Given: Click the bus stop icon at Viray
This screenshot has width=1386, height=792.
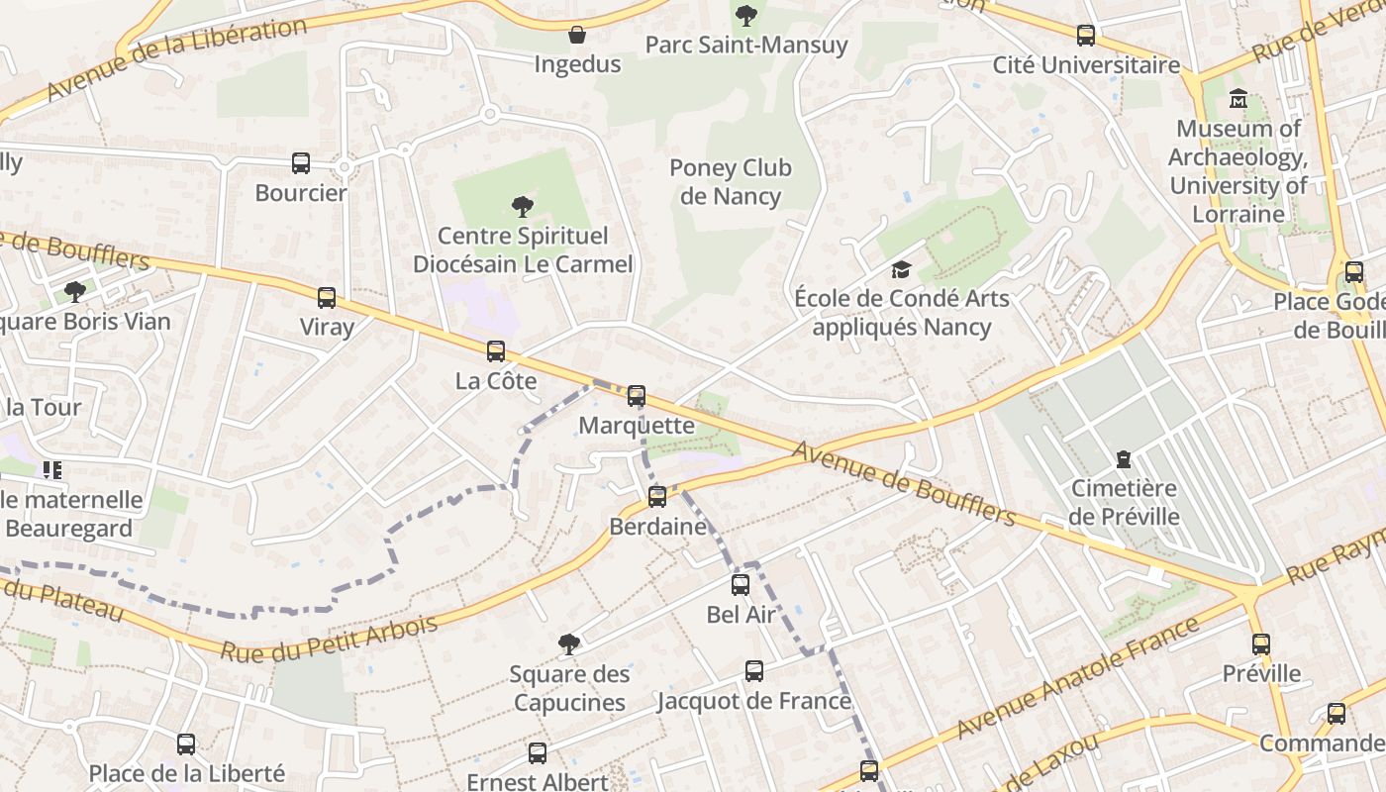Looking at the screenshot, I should [x=326, y=297].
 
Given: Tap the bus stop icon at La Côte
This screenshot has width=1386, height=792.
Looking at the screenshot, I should [x=496, y=351].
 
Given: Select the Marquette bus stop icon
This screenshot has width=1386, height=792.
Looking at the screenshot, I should [x=637, y=396].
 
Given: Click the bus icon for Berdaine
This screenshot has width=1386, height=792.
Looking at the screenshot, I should [x=657, y=497].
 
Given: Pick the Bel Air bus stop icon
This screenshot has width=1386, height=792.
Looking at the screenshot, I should [x=741, y=585].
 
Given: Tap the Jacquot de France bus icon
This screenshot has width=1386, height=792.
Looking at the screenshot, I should [x=754, y=671].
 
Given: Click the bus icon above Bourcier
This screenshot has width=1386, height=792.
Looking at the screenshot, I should [x=301, y=163].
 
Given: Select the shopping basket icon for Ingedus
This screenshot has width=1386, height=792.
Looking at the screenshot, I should [x=577, y=36].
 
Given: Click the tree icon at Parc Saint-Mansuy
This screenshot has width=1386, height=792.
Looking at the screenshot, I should [x=746, y=15].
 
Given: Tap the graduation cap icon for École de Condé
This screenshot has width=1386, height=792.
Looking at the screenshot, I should [x=901, y=269].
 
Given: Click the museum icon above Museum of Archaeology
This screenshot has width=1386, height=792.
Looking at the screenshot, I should [x=1237, y=99].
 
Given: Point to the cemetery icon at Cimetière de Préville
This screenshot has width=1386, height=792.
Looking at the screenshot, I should [x=1124, y=459].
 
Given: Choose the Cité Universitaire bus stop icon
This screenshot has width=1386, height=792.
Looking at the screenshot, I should [x=1086, y=36].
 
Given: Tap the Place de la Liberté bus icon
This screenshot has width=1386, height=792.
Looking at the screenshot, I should [x=186, y=744].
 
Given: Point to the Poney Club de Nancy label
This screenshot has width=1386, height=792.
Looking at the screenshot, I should [x=731, y=182].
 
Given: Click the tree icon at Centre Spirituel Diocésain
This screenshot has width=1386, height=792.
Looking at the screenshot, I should [x=522, y=207].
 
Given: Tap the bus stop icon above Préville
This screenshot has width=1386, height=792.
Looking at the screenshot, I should [x=1260, y=644].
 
